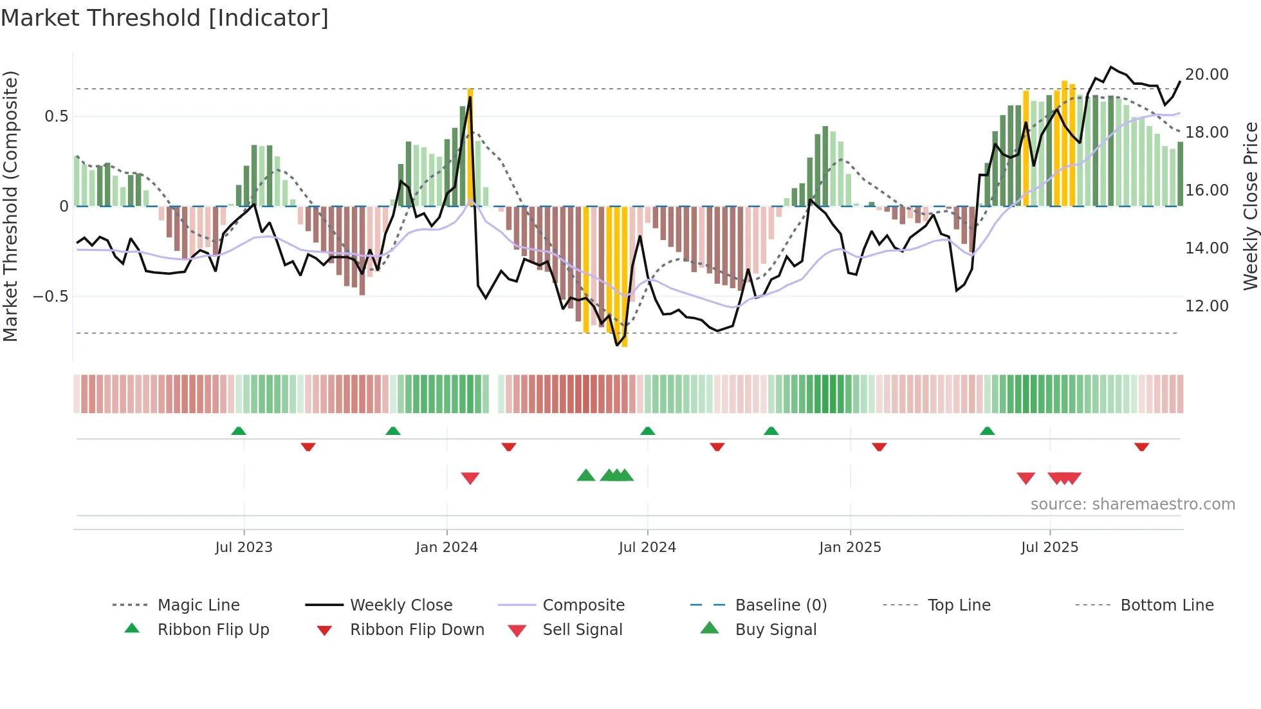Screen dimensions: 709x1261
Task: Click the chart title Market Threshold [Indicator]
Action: pyautogui.click(x=165, y=18)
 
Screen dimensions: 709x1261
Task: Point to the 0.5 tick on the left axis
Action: pyautogui.click(x=56, y=116)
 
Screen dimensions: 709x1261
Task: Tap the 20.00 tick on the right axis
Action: pyautogui.click(x=1207, y=75)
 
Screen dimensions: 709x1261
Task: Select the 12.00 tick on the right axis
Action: pyautogui.click(x=1207, y=306)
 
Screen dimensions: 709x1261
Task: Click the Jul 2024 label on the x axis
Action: pyautogui.click(x=647, y=548)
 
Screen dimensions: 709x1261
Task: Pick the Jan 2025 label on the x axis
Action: pyautogui.click(x=850, y=548)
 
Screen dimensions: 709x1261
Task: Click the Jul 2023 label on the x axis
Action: pyautogui.click(x=244, y=548)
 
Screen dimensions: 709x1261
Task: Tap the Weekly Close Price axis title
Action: pyautogui.click(x=1250, y=206)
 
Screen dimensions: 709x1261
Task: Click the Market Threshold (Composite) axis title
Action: pyautogui.click(x=10, y=206)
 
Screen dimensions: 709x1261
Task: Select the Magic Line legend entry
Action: pyautogui.click(x=198, y=605)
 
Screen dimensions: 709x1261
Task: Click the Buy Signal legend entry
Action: pyautogui.click(x=775, y=630)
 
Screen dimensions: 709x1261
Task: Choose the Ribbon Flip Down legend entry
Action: pyautogui.click(x=417, y=630)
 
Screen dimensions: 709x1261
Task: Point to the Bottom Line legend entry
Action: pyautogui.click(x=1166, y=605)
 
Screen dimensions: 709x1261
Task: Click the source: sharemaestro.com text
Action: pyautogui.click(x=1132, y=504)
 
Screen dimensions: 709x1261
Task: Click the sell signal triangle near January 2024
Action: pyautogui.click(x=470, y=478)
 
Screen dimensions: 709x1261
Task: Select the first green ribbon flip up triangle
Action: pyautogui.click(x=239, y=430)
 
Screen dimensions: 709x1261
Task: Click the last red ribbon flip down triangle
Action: pyautogui.click(x=1142, y=447)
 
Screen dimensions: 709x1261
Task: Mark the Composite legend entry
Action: pyautogui.click(x=583, y=605)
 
